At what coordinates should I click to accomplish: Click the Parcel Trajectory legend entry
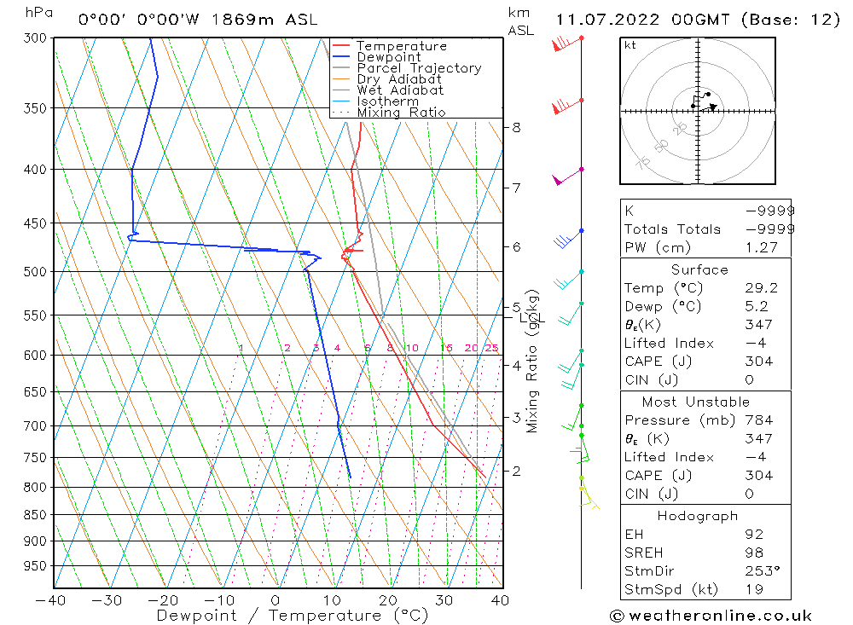pos(419,68)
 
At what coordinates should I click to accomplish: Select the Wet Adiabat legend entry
pos(400,90)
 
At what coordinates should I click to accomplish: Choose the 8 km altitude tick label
pos(515,128)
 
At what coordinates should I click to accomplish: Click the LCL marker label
pos(531,318)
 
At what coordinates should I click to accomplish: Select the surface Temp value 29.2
pos(757,288)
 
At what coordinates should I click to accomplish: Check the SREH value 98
pos(751,552)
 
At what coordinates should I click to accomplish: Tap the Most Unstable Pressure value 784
pos(758,420)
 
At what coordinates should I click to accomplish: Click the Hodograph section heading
pos(699,516)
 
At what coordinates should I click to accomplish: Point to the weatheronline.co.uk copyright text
pos(711,616)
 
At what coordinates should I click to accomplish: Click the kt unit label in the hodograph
pos(630,45)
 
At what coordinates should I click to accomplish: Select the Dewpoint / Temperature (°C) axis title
pos(281,616)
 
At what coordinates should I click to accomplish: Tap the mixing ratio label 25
pos(491,348)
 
